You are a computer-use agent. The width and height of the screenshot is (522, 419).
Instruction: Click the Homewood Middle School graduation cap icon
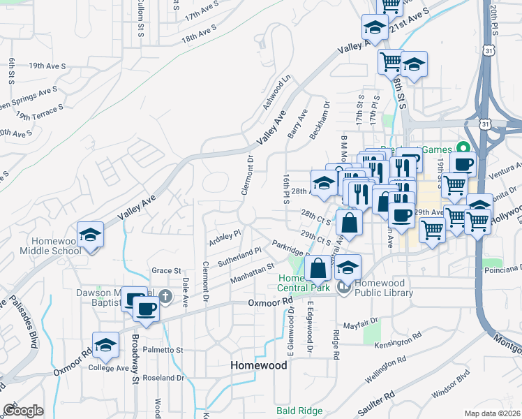[x=91, y=235]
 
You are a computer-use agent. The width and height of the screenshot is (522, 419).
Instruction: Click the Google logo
[x=24, y=410]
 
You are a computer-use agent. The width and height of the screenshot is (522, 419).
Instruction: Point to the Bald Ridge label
[x=299, y=411]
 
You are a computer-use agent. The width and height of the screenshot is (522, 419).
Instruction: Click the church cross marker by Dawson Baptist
[x=165, y=297]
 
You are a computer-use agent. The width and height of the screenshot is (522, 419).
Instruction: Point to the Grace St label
[x=166, y=270]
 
